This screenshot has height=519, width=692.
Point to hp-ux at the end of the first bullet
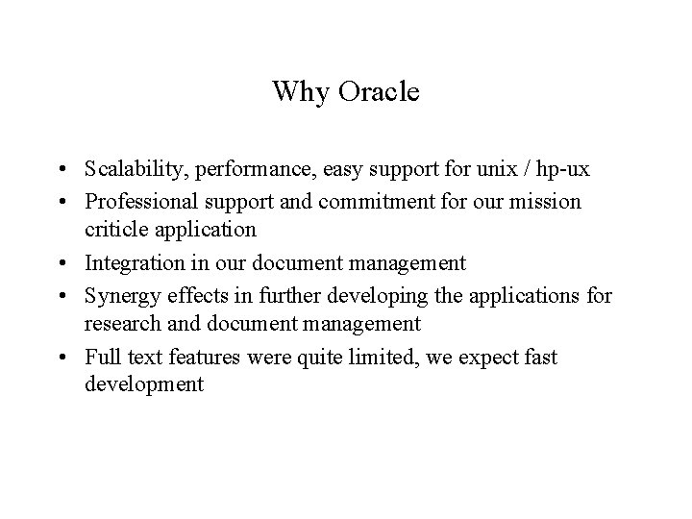564,171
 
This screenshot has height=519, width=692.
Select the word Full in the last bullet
100,358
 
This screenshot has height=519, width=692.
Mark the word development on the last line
144,386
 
